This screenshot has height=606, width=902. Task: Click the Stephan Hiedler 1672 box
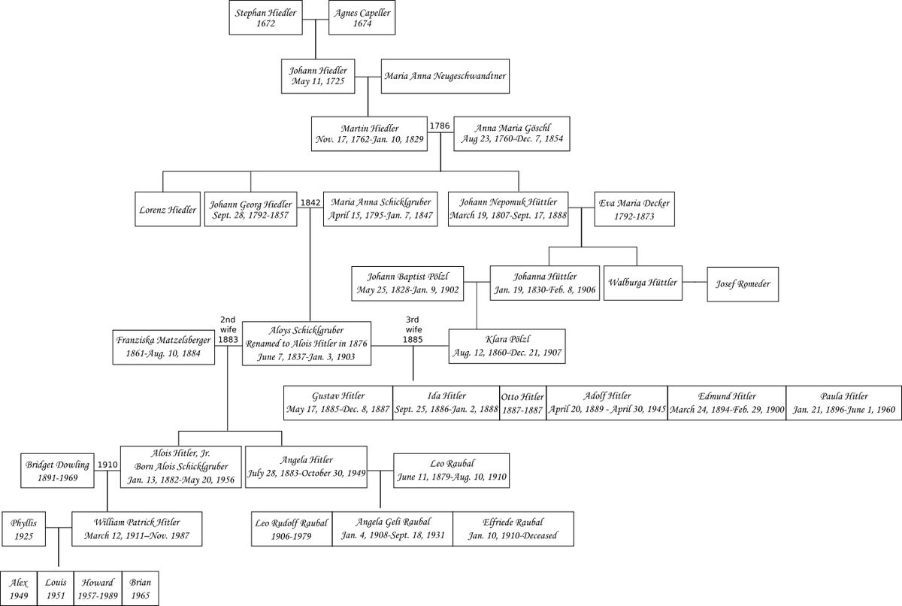pos(266,17)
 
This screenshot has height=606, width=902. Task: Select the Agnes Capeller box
pos(362,17)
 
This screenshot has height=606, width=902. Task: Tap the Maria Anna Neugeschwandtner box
pos(445,77)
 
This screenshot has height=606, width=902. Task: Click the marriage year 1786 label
pos(440,126)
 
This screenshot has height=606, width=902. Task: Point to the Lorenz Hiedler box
pos(168,209)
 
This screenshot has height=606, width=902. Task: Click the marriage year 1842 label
pos(310,202)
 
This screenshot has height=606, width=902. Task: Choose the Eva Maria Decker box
pos(634,209)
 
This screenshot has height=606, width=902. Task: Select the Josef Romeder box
pos(743,284)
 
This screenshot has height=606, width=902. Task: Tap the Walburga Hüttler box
pos(643,283)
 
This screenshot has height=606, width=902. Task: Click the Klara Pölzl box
pos(507,347)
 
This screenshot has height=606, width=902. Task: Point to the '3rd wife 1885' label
pos(413,330)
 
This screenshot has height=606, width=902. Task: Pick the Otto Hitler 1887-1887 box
pos(522,403)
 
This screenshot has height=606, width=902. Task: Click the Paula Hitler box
pos(844,403)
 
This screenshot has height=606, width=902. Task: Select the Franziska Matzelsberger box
pos(164,347)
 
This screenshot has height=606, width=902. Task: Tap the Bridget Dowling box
pos(58,471)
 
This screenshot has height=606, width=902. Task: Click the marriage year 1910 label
pos(107,465)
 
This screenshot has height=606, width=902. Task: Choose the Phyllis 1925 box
pos(24,529)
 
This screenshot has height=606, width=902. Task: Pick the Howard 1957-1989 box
pos(98,589)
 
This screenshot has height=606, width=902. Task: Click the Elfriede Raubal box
pos(513,529)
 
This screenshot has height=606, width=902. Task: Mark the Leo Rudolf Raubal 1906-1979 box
pos(292,529)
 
